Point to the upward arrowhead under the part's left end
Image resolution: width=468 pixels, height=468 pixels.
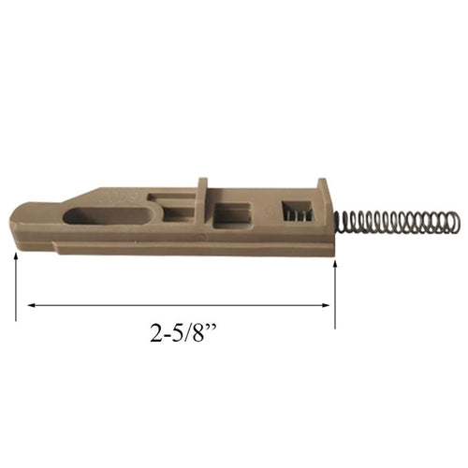(x=17, y=256)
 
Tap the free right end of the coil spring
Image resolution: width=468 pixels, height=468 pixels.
(x=457, y=222)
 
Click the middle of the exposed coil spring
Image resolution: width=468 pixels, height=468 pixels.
(x=398, y=224)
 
